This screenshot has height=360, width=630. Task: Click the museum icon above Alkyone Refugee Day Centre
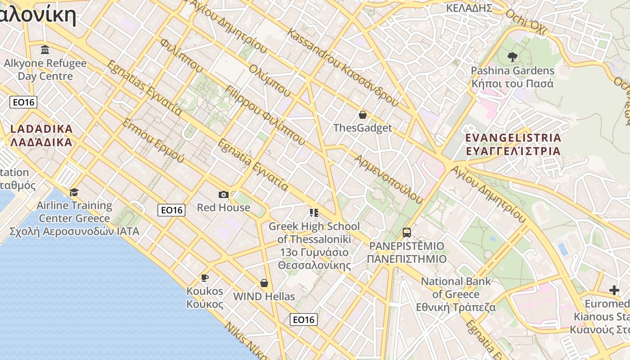pyautogui.click(x=45, y=49)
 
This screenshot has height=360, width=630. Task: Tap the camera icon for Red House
pyautogui.click(x=223, y=194)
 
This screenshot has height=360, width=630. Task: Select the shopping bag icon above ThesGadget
pyautogui.click(x=362, y=115)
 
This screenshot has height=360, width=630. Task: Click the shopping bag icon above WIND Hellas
pyautogui.click(x=264, y=283)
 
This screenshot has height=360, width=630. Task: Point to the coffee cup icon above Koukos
pyautogui.click(x=205, y=278)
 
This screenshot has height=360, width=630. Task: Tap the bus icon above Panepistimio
pyautogui.click(x=407, y=233)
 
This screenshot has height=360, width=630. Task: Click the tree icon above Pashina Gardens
pyautogui.click(x=512, y=57)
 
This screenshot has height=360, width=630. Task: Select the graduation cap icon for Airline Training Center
pyautogui.click(x=74, y=193)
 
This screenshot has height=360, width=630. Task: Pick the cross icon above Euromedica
pyautogui.click(x=614, y=290)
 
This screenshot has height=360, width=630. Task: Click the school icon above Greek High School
pyautogui.click(x=314, y=212)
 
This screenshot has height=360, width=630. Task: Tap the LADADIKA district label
pyautogui.click(x=41, y=135)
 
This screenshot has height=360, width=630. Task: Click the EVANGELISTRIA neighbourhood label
pyautogui.click(x=513, y=144)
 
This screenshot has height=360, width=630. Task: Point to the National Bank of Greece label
pyautogui.click(x=456, y=294)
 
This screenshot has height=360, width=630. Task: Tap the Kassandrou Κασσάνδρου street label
pyautogui.click(x=342, y=67)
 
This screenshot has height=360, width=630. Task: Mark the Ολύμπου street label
pyautogui.click(x=270, y=80)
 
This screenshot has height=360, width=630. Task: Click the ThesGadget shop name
pyautogui.click(x=363, y=128)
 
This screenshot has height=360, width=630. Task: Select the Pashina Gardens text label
pyautogui.click(x=513, y=71)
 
